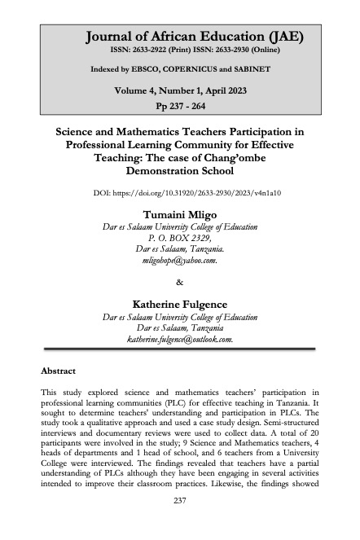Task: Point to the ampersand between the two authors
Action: [x=180, y=283]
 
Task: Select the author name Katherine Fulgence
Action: [x=179, y=304]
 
